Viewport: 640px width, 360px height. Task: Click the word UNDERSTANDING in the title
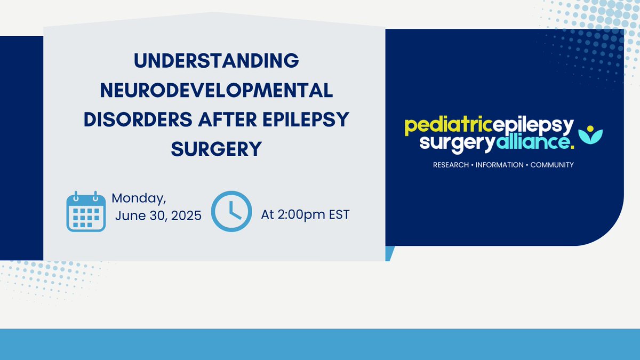[x=217, y=61]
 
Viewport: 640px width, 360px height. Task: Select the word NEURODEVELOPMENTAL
[x=217, y=90]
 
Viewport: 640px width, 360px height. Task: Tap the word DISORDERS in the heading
[x=138, y=119]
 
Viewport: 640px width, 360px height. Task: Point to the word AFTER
[x=227, y=119]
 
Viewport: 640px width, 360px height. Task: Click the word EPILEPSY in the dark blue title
[x=306, y=119]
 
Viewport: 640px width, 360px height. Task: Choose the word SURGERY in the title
[x=217, y=149]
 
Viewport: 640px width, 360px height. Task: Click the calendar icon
[x=86, y=211]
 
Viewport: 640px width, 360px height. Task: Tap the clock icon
[x=231, y=211]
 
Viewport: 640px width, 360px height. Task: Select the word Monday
[x=139, y=198]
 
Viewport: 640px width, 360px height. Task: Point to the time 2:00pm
[x=301, y=215]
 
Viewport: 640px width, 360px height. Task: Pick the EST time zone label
[x=339, y=214]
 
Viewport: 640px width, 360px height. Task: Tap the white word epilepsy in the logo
[x=533, y=126]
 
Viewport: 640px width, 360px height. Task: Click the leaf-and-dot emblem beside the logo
[x=590, y=134]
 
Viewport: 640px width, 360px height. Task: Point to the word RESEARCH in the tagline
[x=451, y=165]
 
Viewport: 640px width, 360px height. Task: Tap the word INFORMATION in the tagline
[x=499, y=165]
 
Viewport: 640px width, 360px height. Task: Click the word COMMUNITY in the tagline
[x=552, y=165]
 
